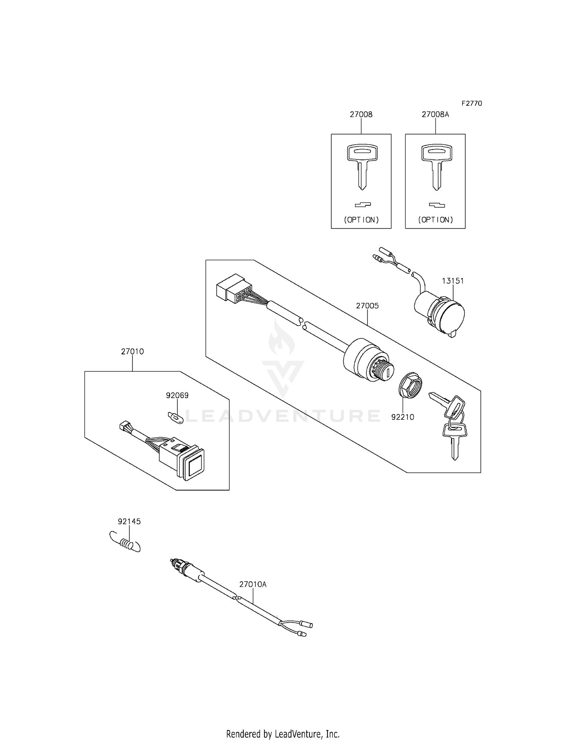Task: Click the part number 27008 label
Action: click(361, 114)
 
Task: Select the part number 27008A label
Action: click(435, 114)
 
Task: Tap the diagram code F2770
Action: click(471, 103)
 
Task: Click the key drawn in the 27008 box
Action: click(361, 166)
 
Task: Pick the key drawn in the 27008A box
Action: click(435, 166)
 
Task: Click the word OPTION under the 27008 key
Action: click(361, 220)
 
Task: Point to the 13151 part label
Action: click(453, 281)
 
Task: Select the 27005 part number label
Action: click(367, 306)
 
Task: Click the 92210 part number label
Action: click(403, 417)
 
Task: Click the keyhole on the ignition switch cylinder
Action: click(388, 374)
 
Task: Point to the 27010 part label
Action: click(132, 352)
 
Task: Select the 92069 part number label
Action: click(177, 395)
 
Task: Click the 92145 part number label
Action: click(129, 522)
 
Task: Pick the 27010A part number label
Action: click(253, 584)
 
